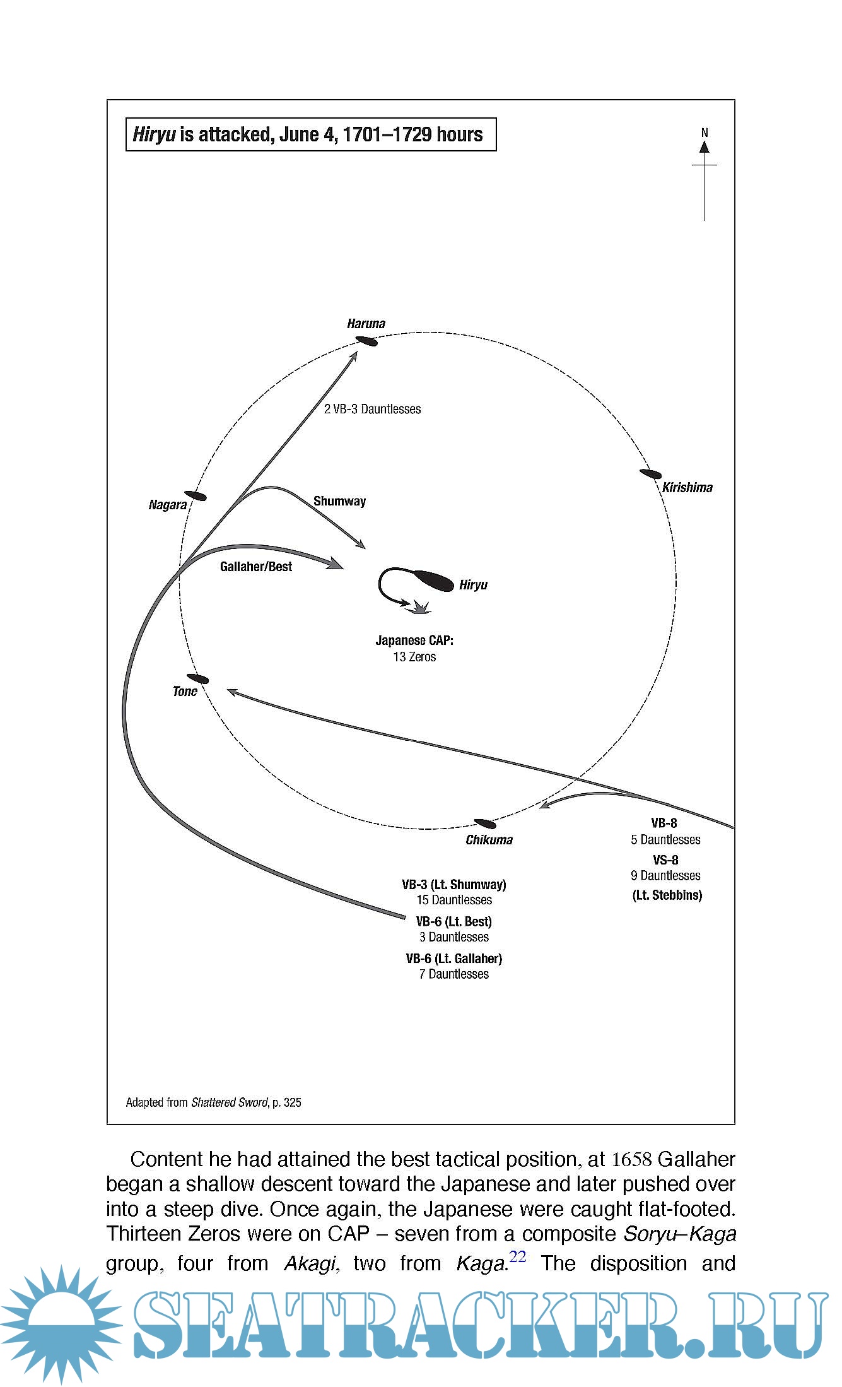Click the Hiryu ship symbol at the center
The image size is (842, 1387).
(x=433, y=580)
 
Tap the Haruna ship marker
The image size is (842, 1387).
(x=366, y=341)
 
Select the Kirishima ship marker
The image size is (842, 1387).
(x=650, y=474)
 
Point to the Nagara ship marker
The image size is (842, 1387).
(x=196, y=496)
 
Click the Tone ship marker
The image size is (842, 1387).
(x=198, y=679)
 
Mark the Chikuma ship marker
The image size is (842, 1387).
(x=484, y=823)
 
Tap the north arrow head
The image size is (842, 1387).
(x=705, y=147)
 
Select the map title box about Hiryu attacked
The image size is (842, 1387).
(x=311, y=134)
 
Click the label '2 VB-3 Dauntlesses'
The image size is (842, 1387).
(x=372, y=409)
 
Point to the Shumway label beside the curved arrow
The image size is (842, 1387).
(x=339, y=501)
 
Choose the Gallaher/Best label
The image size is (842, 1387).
(x=256, y=567)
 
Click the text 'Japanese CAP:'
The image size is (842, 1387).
(x=414, y=640)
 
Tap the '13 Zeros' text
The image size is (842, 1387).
(x=414, y=657)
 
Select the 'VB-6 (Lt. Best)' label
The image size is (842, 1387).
(x=453, y=921)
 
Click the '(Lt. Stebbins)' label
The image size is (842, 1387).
(x=667, y=895)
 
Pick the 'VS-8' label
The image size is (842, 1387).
(x=665, y=859)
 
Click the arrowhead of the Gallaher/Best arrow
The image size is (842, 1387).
(x=336, y=564)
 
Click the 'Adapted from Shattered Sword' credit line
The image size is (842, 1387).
(x=213, y=1102)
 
